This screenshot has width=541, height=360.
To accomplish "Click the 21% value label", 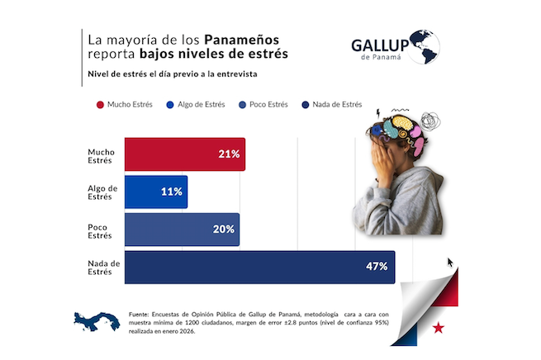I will pos(229,154).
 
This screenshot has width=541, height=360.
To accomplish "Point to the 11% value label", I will pos(172,192).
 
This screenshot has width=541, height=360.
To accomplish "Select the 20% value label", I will pos(223,230).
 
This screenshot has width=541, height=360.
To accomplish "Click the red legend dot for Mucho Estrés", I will pos(100,105).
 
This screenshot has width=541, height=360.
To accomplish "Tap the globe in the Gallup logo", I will pos(422,46).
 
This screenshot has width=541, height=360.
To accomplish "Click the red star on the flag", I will pos(439,328).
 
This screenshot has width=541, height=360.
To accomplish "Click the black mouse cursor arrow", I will pos(451,263).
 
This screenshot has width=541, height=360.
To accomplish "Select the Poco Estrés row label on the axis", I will pos(99,230).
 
